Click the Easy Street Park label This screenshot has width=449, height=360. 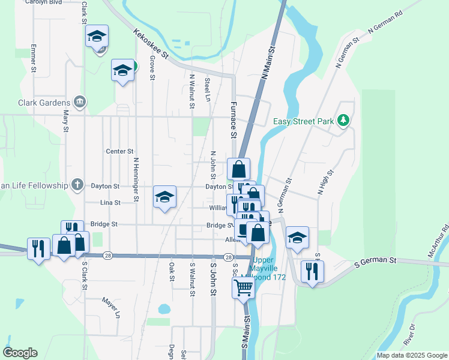(x=303, y=121)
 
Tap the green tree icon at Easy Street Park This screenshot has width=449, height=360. (x=343, y=121)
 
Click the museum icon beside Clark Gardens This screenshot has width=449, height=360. (x=79, y=102)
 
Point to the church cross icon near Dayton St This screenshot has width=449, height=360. (x=77, y=185)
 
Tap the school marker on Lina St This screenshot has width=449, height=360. (x=164, y=197)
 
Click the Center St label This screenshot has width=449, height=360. (x=119, y=151)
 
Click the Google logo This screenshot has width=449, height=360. (x=20, y=353)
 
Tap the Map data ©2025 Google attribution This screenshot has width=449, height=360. (x=411, y=355)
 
